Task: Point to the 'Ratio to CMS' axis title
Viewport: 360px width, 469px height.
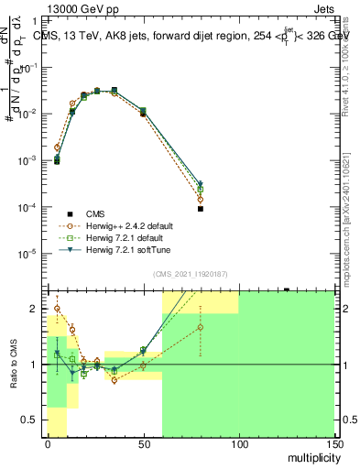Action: [x=14, y=364]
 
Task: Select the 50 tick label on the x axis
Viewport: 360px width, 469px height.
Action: [x=143, y=443]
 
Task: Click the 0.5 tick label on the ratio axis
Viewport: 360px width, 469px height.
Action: [x=31, y=420]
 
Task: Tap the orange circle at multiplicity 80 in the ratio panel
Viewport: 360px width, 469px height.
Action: [x=201, y=327]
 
